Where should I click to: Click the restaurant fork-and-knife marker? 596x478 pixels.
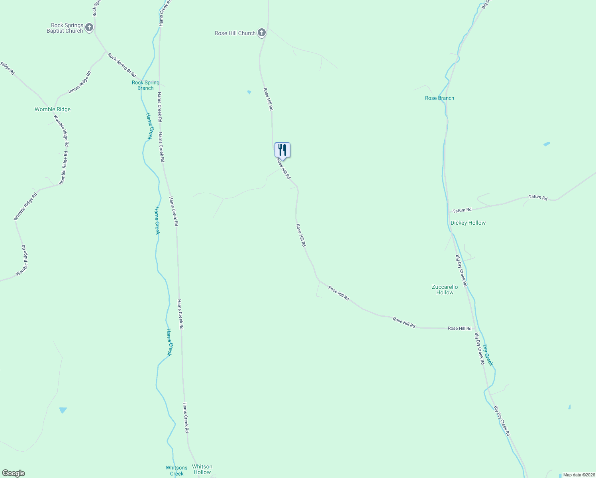pos(282,150)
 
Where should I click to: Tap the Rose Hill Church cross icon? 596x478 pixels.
pos(262,33)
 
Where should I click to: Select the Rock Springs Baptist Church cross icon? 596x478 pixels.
pos(89,27)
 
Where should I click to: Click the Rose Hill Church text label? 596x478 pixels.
pos(235,33)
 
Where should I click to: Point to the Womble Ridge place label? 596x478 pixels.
pos(53,109)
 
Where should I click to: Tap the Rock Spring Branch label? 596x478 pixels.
pos(145,85)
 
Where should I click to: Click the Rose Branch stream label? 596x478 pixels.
pos(439,98)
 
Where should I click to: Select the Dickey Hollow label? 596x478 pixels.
pos(468,223)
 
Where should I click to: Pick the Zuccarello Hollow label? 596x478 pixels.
pos(445,290)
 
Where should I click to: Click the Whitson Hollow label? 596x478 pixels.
pos(202,469)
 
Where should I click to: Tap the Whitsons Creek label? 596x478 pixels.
pos(176,470)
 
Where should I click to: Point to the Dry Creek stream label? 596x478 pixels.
pos(488,355)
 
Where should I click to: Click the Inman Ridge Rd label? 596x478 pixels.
pos(80,82)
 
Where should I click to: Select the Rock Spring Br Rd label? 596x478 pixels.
pos(122,65)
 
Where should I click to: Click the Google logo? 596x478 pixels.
pos(13,473)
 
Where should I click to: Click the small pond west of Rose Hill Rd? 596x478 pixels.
pos(249,92)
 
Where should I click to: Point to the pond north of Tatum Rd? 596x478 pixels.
pos(547,144)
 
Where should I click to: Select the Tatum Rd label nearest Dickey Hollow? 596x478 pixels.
pos(462,210)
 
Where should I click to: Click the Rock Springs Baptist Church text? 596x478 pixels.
pos(65,28)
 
